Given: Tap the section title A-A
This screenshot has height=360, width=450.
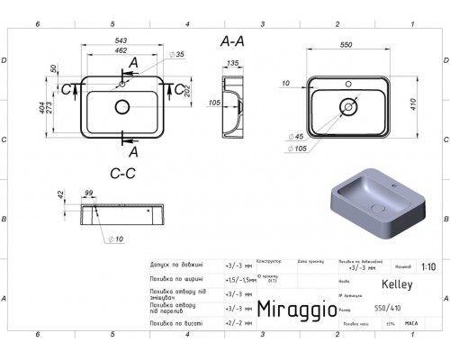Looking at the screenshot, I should (x=232, y=41).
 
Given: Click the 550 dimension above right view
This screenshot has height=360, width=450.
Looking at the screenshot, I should (x=346, y=43).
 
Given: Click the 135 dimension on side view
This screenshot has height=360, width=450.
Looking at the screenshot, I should (x=231, y=64).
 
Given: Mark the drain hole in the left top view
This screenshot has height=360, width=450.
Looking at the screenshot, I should (x=121, y=107).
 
